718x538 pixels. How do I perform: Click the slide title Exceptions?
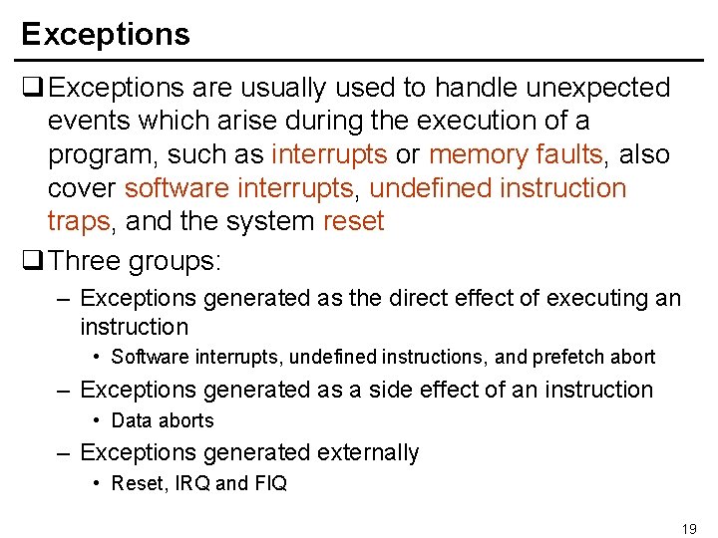[105, 34]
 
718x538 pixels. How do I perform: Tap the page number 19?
[688, 529]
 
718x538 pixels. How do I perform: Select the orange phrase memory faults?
[515, 154]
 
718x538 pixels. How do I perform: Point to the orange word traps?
[79, 221]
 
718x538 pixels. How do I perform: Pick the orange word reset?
[353, 221]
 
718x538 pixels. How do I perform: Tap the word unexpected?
[598, 88]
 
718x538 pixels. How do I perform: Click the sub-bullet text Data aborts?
[163, 420]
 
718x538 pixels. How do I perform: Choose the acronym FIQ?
[270, 483]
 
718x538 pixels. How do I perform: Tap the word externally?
[369, 452]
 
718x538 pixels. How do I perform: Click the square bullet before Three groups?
[32, 261]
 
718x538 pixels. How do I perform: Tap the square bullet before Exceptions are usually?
[32, 89]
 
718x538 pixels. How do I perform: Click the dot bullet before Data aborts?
[96, 420]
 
